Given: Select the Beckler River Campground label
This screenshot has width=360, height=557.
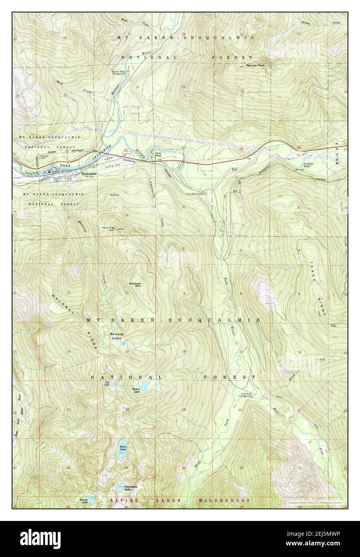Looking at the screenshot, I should click(x=119, y=73).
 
